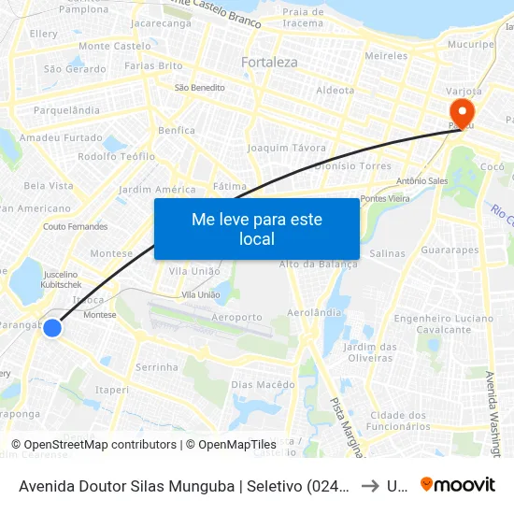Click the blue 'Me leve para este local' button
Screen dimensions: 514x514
click(x=256, y=229)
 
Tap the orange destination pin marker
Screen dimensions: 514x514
click(x=462, y=113)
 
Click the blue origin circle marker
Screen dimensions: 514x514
click(x=52, y=328)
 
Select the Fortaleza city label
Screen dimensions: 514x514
click(x=269, y=63)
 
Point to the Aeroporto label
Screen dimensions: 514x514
click(x=237, y=318)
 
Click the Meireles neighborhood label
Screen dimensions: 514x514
click(x=386, y=56)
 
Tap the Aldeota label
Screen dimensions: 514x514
click(x=336, y=91)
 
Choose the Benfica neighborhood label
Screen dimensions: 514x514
click(x=177, y=131)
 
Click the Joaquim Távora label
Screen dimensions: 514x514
click(x=287, y=149)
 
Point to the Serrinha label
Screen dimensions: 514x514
click(x=157, y=367)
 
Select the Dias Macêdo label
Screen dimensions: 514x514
click(x=263, y=384)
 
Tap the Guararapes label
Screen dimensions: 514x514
click(x=450, y=250)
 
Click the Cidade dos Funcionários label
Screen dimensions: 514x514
click(x=398, y=421)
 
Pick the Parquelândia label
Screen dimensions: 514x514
click(x=66, y=110)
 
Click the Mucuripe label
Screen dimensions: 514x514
click(x=470, y=44)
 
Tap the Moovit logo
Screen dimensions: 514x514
click(x=457, y=484)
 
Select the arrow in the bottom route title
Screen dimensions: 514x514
click(x=370, y=485)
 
